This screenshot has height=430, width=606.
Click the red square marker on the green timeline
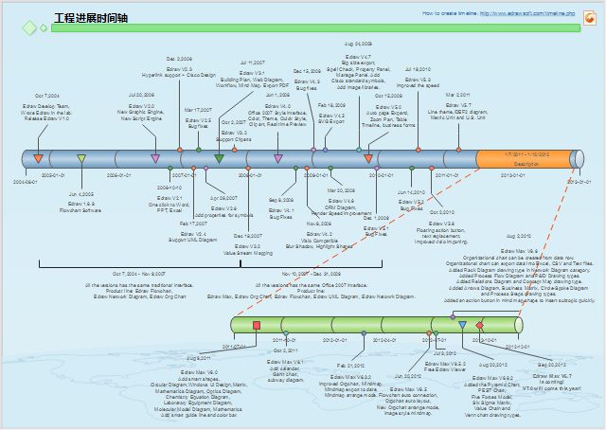(x=257, y=326)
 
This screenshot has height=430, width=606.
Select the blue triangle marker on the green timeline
(x=462, y=325)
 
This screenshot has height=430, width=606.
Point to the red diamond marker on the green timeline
(x=479, y=326)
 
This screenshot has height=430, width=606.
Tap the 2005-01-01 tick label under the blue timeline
(x=54, y=176)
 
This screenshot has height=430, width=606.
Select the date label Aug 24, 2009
(x=358, y=44)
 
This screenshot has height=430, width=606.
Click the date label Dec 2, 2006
(x=179, y=59)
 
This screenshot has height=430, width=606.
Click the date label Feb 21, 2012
(x=350, y=365)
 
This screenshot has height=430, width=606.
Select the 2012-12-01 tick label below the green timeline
(x=516, y=347)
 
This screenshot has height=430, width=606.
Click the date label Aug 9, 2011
(x=199, y=358)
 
